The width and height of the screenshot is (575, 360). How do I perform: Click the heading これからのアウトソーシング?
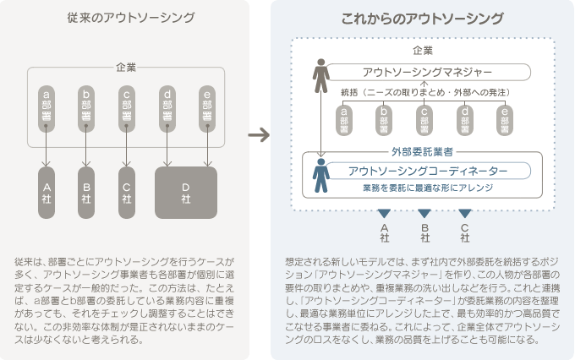pos(423,18)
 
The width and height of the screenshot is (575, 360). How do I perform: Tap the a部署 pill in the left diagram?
pos(47,108)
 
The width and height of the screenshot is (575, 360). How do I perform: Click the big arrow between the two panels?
pos(264,135)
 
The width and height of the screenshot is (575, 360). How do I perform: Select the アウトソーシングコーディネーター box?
pos(428,171)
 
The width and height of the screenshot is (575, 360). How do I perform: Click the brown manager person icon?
pos(320,75)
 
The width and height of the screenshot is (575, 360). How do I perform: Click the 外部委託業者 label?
pos(422,152)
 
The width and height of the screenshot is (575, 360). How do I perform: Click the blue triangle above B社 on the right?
pos(424,213)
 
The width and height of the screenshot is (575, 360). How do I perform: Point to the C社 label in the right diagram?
pos(464,230)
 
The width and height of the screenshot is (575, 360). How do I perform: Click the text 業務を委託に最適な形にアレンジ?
pos(428,189)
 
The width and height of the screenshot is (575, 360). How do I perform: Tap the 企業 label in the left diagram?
pos(126,66)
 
